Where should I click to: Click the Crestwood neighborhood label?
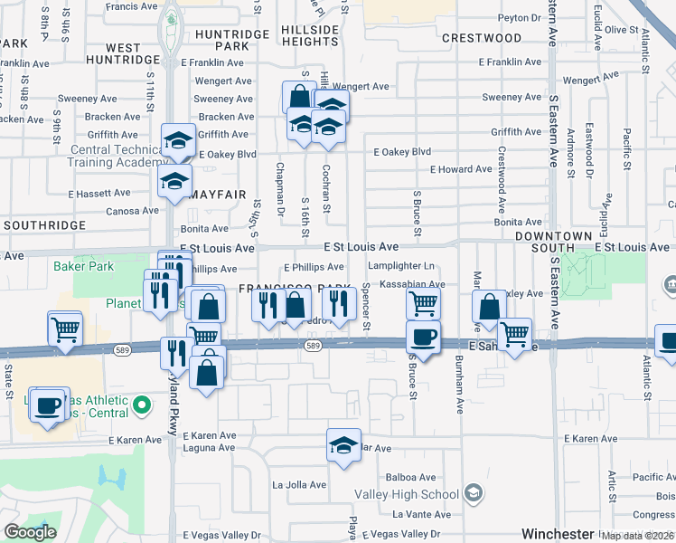coord(482,38)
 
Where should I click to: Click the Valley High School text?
coord(407,494)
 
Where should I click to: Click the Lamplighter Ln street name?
coord(402,266)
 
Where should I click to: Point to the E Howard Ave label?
coord(461,169)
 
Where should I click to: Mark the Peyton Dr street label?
coord(518,17)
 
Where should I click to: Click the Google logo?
coord(30,532)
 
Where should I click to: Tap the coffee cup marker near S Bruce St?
coord(423,338)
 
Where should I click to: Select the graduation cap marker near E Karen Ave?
coord(343,445)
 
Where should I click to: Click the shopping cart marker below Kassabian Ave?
coord(423,304)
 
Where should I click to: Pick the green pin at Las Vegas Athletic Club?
coord(140,404)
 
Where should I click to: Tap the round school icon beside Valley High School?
coord(474,494)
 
